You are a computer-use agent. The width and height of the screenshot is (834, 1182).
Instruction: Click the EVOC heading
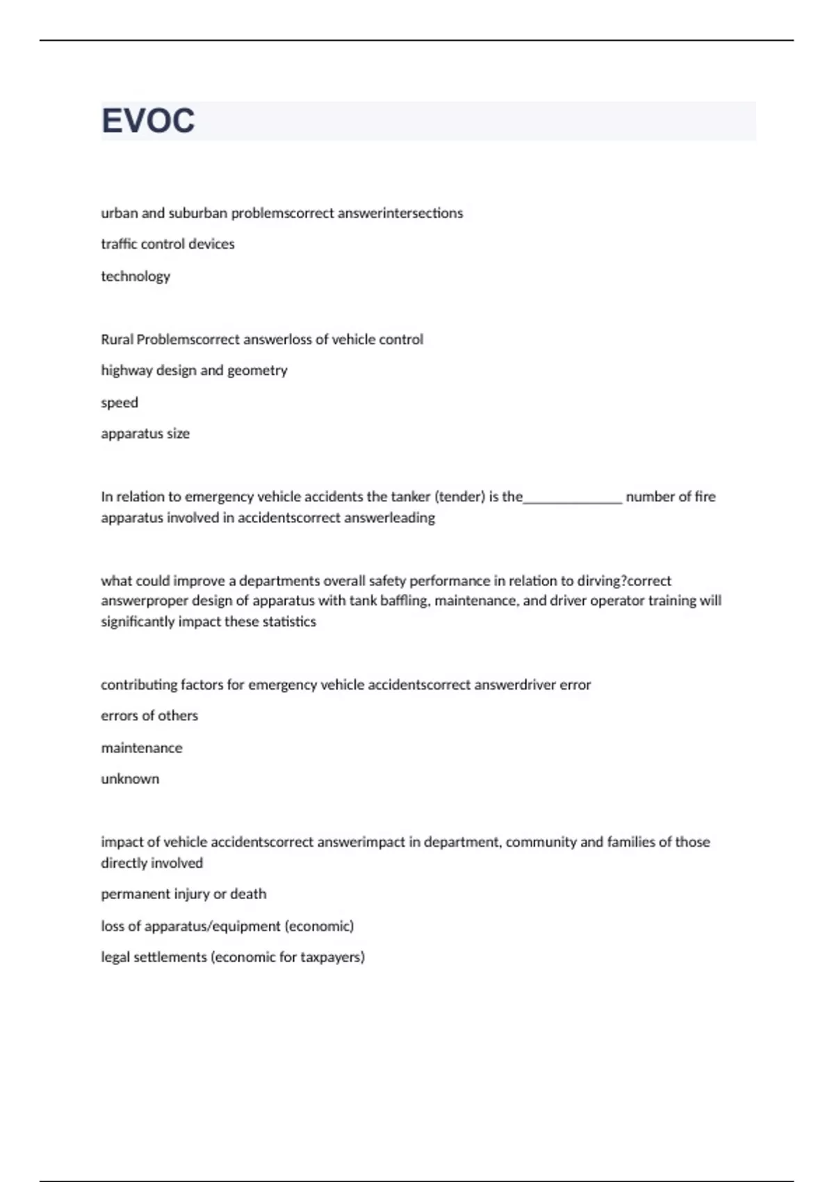148,121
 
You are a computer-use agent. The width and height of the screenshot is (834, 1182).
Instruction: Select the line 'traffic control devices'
167,244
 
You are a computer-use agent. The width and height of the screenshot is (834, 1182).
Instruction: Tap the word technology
136,276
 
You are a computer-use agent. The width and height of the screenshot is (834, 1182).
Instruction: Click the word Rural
117,339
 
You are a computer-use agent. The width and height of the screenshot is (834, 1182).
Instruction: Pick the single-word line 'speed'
120,403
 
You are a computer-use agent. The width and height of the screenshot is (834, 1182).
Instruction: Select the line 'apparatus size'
145,434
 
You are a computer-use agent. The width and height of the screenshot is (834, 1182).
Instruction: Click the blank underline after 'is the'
573,498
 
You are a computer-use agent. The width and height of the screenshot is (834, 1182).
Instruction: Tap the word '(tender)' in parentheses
459,496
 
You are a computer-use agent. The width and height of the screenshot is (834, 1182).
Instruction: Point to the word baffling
404,601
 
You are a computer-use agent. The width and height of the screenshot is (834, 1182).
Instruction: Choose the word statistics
289,622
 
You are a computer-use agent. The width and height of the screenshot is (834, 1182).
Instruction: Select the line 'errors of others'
149,715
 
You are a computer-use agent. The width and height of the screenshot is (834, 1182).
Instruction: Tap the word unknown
130,779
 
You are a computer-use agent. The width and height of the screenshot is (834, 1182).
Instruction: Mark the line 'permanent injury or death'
183,894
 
